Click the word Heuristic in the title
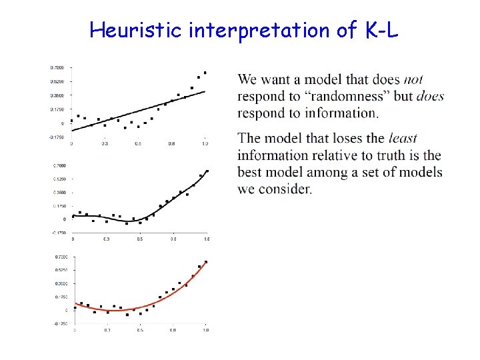[x=137, y=29]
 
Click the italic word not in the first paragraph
[x=413, y=80]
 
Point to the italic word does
[x=430, y=97]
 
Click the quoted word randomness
[x=341, y=97]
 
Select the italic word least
[x=402, y=139]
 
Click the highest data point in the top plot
[x=205, y=73]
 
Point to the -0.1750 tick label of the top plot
[x=57, y=137]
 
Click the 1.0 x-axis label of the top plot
[x=205, y=143]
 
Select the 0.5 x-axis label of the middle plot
[x=140, y=239]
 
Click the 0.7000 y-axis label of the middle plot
[x=60, y=165]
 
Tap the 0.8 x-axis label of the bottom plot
[x=173, y=330]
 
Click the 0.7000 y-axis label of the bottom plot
[x=61, y=257]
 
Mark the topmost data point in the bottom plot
[x=206, y=262]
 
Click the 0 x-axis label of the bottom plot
[x=75, y=330]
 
